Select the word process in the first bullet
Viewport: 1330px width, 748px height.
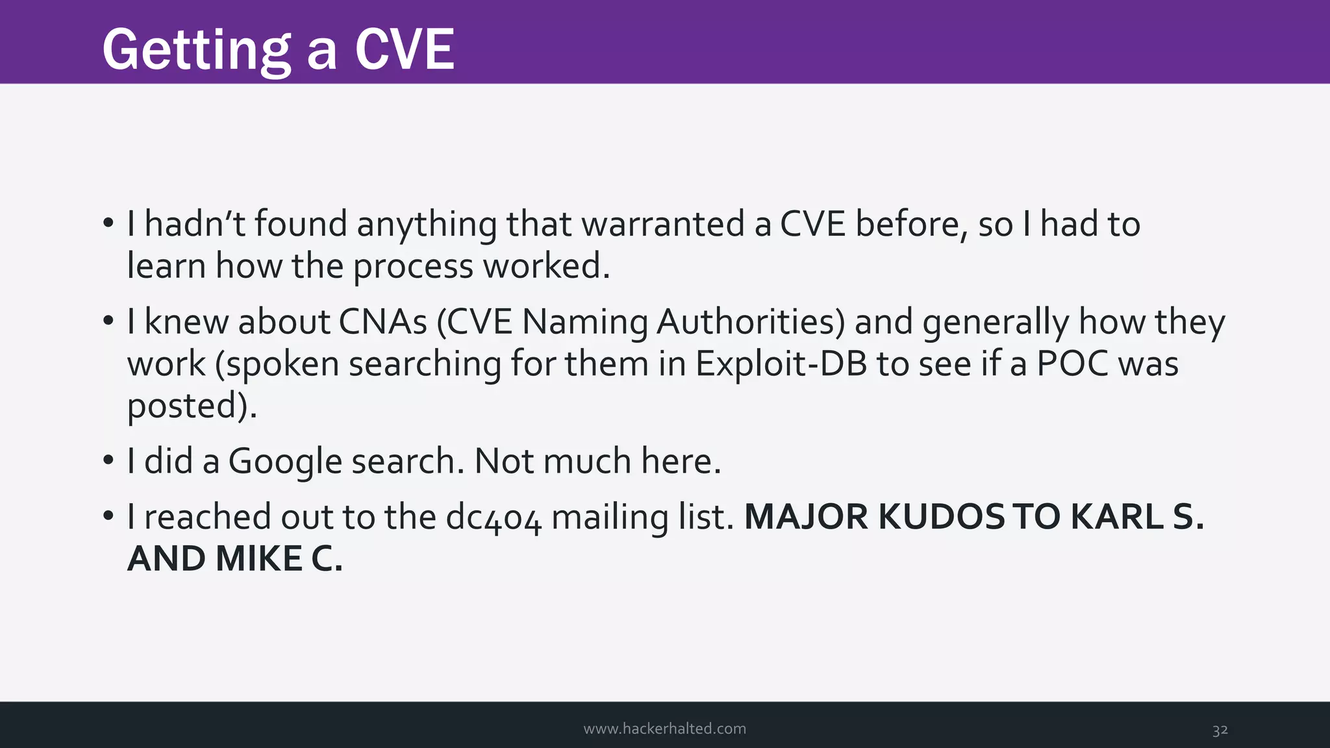click(x=413, y=266)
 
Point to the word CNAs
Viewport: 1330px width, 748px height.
click(x=383, y=321)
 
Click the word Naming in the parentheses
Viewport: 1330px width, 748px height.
click(x=584, y=323)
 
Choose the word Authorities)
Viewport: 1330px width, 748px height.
click(x=751, y=321)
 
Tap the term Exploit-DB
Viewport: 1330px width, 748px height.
click(x=781, y=364)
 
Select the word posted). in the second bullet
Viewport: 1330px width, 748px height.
click(x=192, y=406)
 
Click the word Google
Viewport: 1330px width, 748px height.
click(x=285, y=462)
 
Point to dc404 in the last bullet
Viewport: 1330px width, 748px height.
click(x=493, y=517)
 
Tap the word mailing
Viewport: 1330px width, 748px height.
click(x=610, y=517)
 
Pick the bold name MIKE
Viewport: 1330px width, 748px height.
click(x=258, y=559)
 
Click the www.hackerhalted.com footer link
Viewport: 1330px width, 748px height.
click(x=664, y=729)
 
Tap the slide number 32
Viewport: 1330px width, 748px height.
click(x=1220, y=730)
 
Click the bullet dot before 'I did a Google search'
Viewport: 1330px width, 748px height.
click(x=108, y=461)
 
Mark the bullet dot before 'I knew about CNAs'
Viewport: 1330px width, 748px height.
click(x=108, y=321)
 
